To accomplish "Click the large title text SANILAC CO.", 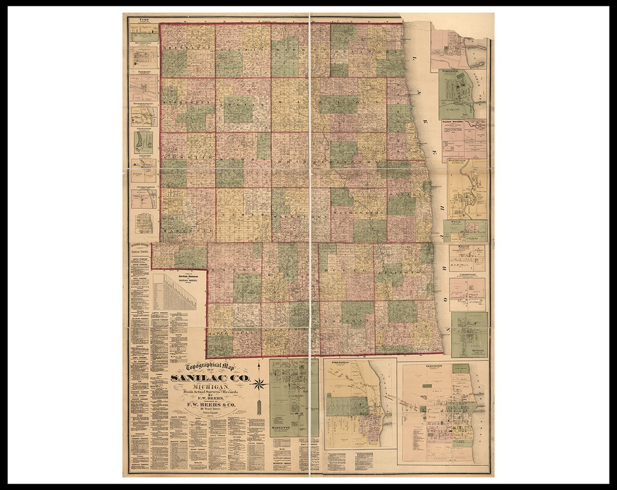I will point(210,378).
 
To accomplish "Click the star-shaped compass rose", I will point(259,384).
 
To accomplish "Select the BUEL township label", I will point(346,268).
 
